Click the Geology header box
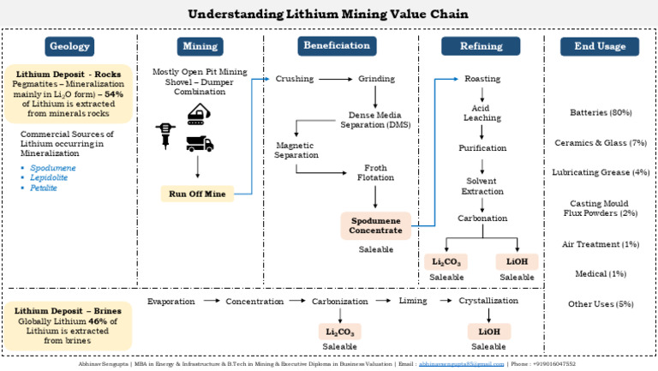pyautogui.click(x=69, y=46)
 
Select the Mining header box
pyautogui.click(x=200, y=46)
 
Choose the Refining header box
pyautogui.click(x=481, y=46)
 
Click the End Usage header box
pyautogui.click(x=600, y=46)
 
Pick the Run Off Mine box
pyautogui.click(x=196, y=194)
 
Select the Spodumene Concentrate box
pyautogui.click(x=376, y=225)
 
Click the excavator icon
pyautogui.click(x=200, y=114)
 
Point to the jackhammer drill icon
pyautogui.click(x=163, y=135)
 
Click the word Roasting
pyautogui.click(x=482, y=79)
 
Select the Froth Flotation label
pyautogui.click(x=375, y=172)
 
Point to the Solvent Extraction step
pyautogui.click(x=482, y=186)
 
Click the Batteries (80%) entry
pyautogui.click(x=601, y=112)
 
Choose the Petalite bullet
pyautogui.click(x=44, y=188)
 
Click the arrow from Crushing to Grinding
pyautogui.click(x=335, y=79)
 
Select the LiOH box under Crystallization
pyautogui.click(x=488, y=331)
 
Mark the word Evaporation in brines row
pyautogui.click(x=171, y=302)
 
